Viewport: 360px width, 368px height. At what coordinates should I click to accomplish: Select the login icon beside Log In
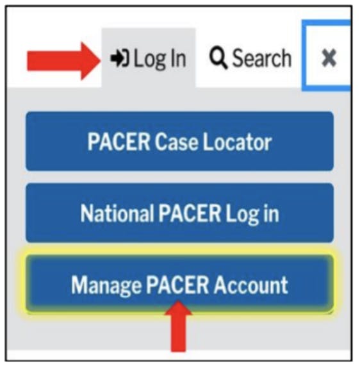[x=120, y=59]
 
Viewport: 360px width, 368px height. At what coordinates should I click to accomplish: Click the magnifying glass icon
[x=218, y=59]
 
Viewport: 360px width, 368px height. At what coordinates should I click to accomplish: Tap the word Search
[x=261, y=59]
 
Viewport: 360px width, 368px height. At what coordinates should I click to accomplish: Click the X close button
[x=329, y=59]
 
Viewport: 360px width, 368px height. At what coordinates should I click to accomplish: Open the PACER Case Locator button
[x=179, y=142]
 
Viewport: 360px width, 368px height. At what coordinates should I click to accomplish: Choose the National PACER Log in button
[x=179, y=213]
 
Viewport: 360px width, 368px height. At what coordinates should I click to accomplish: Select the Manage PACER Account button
[x=179, y=284]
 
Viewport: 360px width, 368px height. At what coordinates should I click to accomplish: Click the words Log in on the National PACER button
[x=250, y=213]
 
